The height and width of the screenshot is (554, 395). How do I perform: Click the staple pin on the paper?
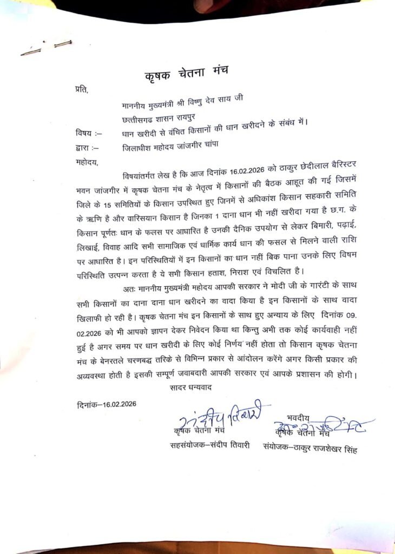[x=46, y=48]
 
